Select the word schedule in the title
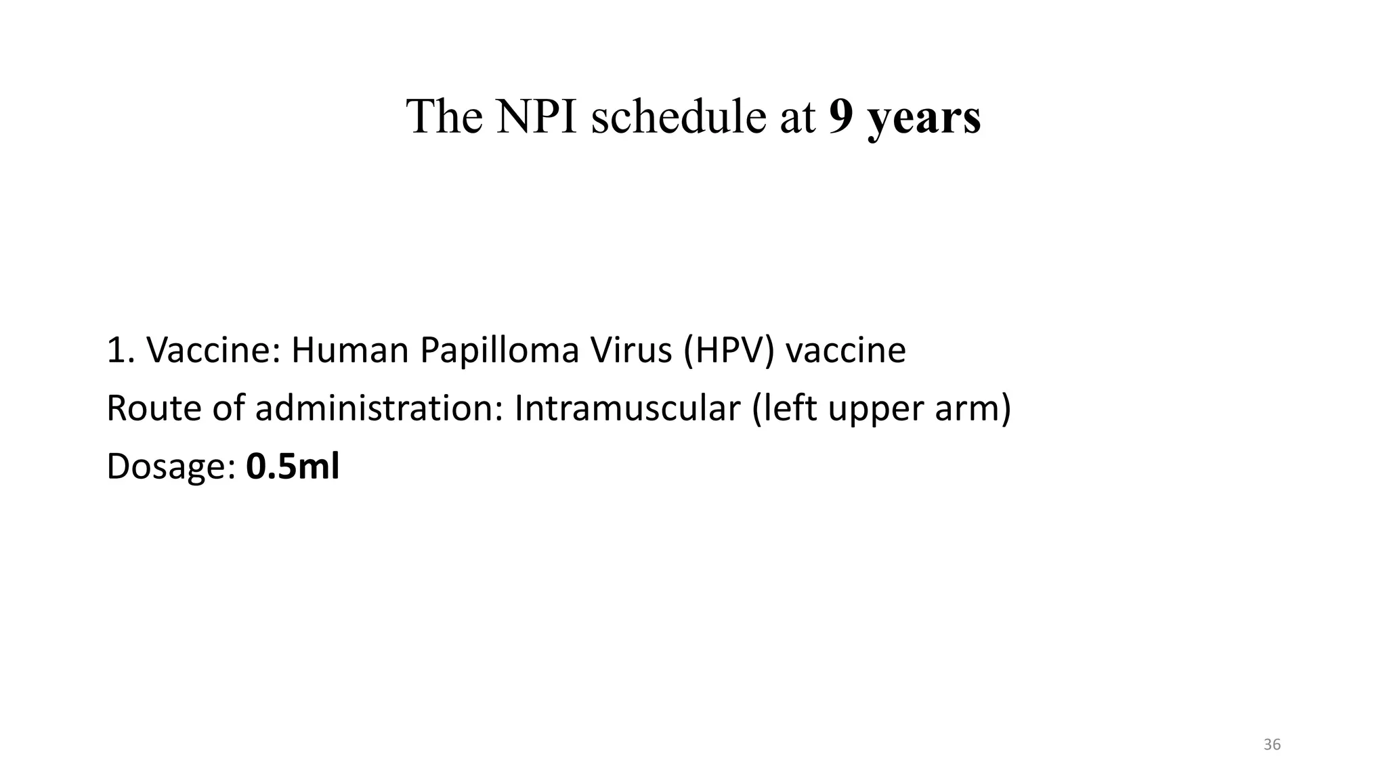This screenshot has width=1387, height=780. pyautogui.click(x=682, y=116)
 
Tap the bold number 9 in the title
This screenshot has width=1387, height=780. pyautogui.click(x=840, y=116)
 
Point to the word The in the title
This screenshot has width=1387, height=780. pyautogui.click(x=444, y=116)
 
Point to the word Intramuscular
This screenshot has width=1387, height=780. pyautogui.click(x=627, y=409)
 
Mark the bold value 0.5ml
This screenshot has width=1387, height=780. pyautogui.click(x=293, y=467)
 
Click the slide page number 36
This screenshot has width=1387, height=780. pyautogui.click(x=1273, y=745)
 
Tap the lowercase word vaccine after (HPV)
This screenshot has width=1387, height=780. pyautogui.click(x=845, y=351)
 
